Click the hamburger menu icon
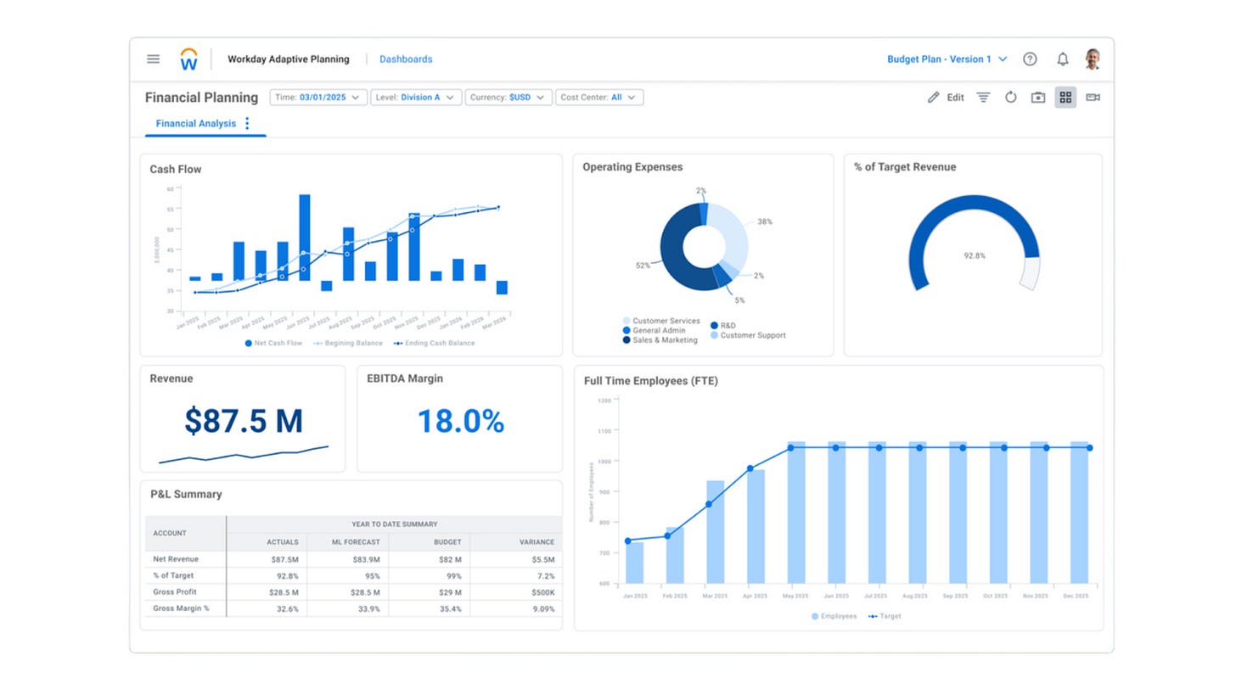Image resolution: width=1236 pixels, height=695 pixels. [x=153, y=59]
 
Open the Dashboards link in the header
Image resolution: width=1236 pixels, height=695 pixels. [x=406, y=59]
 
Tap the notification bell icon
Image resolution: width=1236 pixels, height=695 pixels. [x=1062, y=59]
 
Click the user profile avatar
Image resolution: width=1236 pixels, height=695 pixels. [x=1093, y=59]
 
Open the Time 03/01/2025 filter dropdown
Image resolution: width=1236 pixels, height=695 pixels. [x=318, y=98]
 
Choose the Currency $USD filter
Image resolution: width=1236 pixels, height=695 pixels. [x=507, y=98]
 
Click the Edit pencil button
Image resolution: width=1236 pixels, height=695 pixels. [x=946, y=98]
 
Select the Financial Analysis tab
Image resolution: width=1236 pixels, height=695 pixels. [x=196, y=124]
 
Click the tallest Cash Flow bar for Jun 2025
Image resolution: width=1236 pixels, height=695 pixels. [x=304, y=238]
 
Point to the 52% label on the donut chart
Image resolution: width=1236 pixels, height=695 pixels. [x=643, y=266]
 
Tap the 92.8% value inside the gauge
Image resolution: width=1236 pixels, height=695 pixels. [x=974, y=255]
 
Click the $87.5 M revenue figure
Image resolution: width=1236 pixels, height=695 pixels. [x=244, y=421]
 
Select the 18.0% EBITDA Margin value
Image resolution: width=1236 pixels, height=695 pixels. [x=460, y=422]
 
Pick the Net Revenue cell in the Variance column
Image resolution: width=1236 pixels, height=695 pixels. [x=542, y=560]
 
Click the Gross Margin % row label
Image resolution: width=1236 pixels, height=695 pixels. [x=181, y=608]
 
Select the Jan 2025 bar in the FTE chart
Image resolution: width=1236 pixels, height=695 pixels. [x=634, y=562]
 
